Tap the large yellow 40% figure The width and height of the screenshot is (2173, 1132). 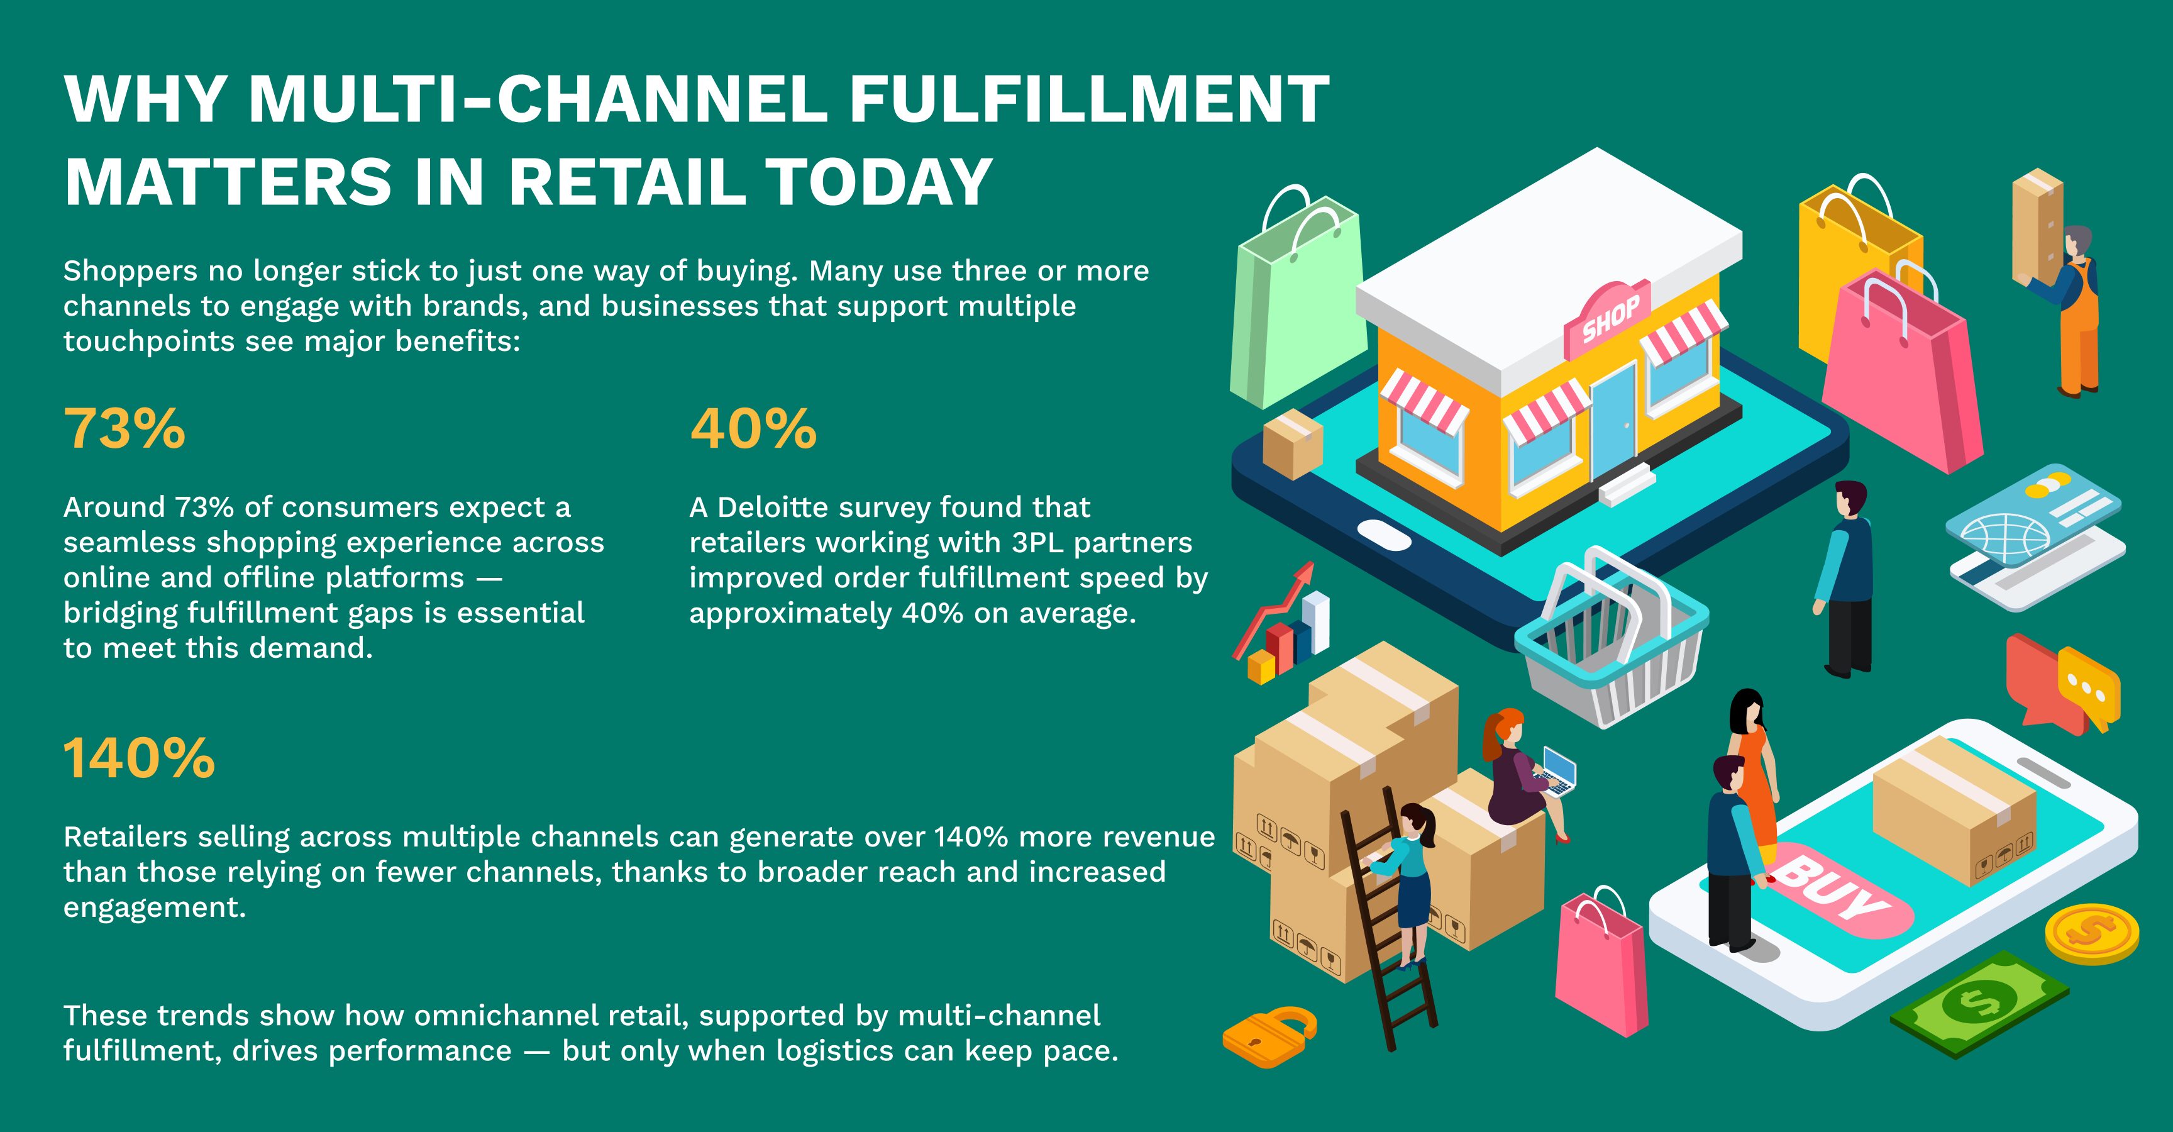pos(753,428)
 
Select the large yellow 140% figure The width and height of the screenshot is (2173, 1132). pos(139,757)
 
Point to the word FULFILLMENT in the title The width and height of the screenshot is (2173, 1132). pos(1089,99)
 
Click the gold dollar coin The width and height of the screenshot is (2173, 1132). pos(2092,935)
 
